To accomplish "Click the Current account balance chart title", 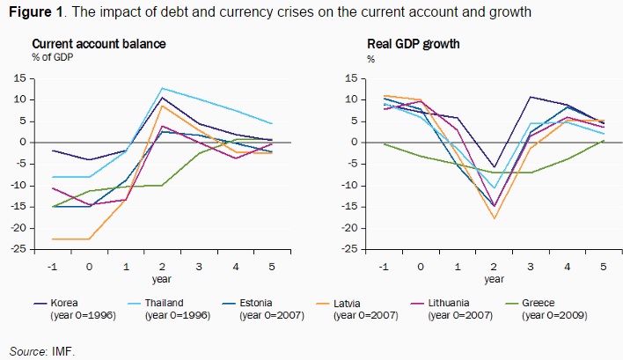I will point(99,44).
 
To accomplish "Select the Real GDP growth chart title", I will point(413,44).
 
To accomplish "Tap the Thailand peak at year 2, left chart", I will point(163,88).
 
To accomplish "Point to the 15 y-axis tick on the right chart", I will point(350,78).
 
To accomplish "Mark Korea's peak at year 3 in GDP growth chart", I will point(531,97).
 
